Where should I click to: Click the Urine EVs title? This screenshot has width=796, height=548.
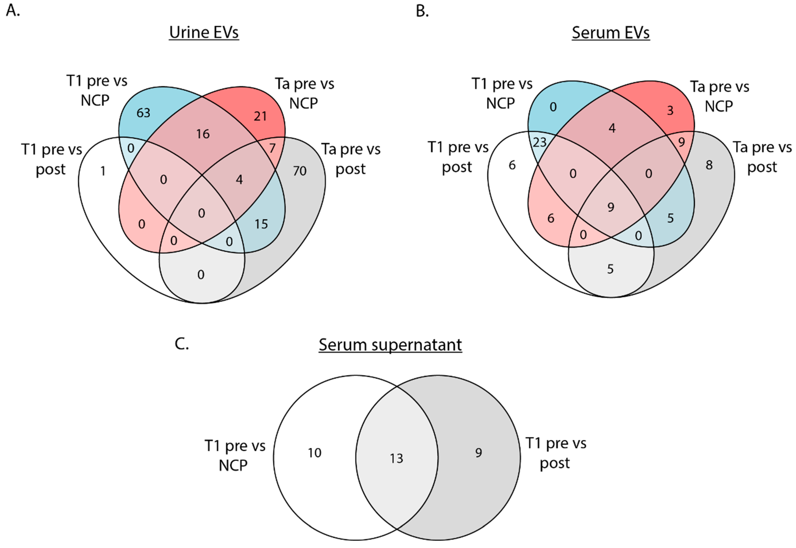[x=204, y=33]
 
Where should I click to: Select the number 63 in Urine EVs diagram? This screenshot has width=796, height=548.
[x=143, y=113]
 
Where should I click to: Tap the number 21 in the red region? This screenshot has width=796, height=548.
[x=260, y=116]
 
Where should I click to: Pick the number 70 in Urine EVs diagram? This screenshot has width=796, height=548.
[x=300, y=171]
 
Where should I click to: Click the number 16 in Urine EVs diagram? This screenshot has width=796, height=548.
[x=203, y=134]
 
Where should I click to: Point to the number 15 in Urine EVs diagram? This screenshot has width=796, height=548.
[x=261, y=224]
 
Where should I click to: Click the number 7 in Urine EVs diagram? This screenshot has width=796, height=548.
[x=272, y=148]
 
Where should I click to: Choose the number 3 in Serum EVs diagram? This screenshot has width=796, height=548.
[x=670, y=111]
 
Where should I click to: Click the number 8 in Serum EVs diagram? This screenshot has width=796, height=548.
[x=709, y=165]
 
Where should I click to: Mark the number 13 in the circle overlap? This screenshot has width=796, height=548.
[x=397, y=458]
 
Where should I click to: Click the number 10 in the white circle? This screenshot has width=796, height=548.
[x=314, y=453]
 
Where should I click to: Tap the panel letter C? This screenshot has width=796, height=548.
[x=181, y=344]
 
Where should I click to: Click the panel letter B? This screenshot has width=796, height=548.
[x=422, y=11]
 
